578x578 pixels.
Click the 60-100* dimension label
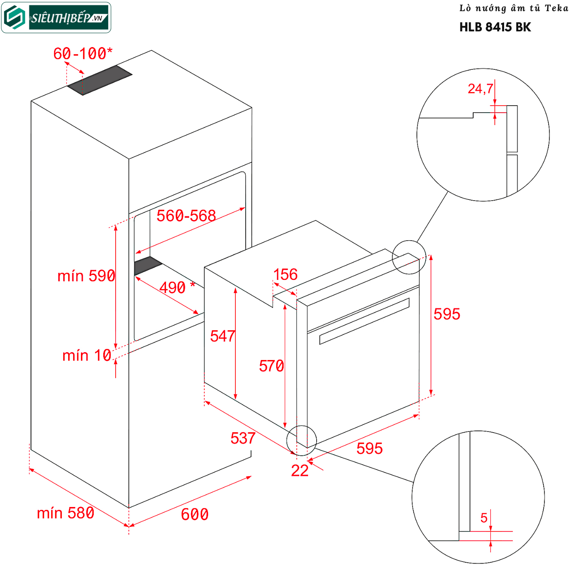click(83, 54)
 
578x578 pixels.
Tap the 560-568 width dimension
click(186, 216)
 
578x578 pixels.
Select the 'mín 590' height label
click(86, 276)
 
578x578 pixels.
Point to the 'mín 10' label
click(87, 355)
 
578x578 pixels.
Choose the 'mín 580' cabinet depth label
click(66, 513)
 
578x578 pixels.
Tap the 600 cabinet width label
click(194, 514)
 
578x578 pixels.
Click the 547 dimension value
click(222, 336)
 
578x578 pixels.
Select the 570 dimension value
click(271, 366)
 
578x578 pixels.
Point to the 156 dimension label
click(285, 275)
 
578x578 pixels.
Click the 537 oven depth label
click(243, 438)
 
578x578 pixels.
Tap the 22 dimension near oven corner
click(300, 471)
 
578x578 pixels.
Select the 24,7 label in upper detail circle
click(480, 89)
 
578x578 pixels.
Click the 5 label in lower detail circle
click(484, 518)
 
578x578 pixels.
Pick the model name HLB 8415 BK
click(495, 27)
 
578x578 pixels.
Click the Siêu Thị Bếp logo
click(57, 18)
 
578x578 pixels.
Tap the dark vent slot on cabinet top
click(100, 80)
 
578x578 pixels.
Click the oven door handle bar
click(364, 321)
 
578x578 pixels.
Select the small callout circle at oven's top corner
click(409, 257)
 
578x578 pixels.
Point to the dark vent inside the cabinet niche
click(147, 265)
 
